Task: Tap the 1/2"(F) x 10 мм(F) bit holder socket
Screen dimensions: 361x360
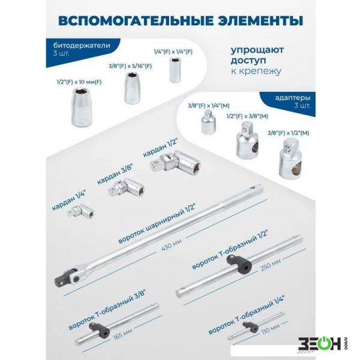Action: [82, 107]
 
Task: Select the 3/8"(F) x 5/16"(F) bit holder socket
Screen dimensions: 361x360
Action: [133, 88]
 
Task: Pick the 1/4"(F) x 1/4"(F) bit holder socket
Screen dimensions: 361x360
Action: [176, 70]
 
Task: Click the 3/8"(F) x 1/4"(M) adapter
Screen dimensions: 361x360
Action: [209, 122]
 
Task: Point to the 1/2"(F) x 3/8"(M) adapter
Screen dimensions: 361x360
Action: [247, 142]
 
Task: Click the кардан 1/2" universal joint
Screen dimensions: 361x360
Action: [176, 161]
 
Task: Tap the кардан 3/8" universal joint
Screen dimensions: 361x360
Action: [126, 187]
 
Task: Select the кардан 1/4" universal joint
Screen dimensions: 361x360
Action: [80, 211]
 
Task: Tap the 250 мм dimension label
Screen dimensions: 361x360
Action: [270, 264]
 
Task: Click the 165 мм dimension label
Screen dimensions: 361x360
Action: [122, 334]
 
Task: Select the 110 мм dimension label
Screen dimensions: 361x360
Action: [271, 329]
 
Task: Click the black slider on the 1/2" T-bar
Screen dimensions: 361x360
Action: [239, 264]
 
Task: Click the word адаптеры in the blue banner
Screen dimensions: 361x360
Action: [293, 98]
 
